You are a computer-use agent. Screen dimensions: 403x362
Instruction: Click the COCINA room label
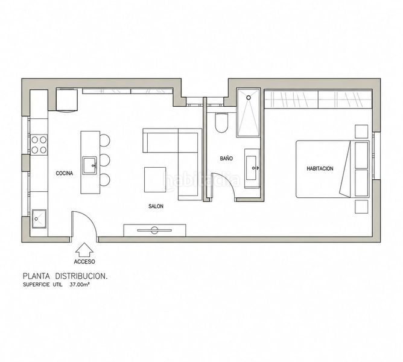tap(65, 173)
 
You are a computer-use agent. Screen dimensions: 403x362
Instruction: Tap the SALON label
tap(156, 206)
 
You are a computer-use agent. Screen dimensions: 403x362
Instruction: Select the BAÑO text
tap(226, 158)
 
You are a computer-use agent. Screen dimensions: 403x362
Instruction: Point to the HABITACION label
tap(320, 169)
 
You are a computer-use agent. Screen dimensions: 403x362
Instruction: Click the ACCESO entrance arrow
tap(84, 250)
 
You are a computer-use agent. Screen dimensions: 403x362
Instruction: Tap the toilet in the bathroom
tap(221, 122)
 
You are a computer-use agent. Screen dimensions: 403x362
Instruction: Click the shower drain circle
tap(249, 98)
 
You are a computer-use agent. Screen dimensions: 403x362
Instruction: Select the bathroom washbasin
tap(252, 168)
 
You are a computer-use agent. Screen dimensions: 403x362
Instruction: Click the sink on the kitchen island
tap(90, 165)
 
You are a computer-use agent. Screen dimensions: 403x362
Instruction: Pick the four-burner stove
tap(39, 144)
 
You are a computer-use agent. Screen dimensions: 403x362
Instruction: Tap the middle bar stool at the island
tap(105, 160)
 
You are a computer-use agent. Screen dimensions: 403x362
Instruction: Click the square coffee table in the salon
tap(155, 179)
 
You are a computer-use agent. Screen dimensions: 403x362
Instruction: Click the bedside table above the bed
tap(361, 132)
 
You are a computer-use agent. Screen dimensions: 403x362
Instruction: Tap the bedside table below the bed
tap(361, 207)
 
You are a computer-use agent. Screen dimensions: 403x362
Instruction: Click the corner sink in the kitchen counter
tap(39, 219)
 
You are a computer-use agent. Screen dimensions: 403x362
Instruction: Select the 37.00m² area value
tap(79, 285)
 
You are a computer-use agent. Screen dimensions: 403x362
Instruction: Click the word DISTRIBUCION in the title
tap(81, 276)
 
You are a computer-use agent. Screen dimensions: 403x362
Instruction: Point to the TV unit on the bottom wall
tap(154, 230)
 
